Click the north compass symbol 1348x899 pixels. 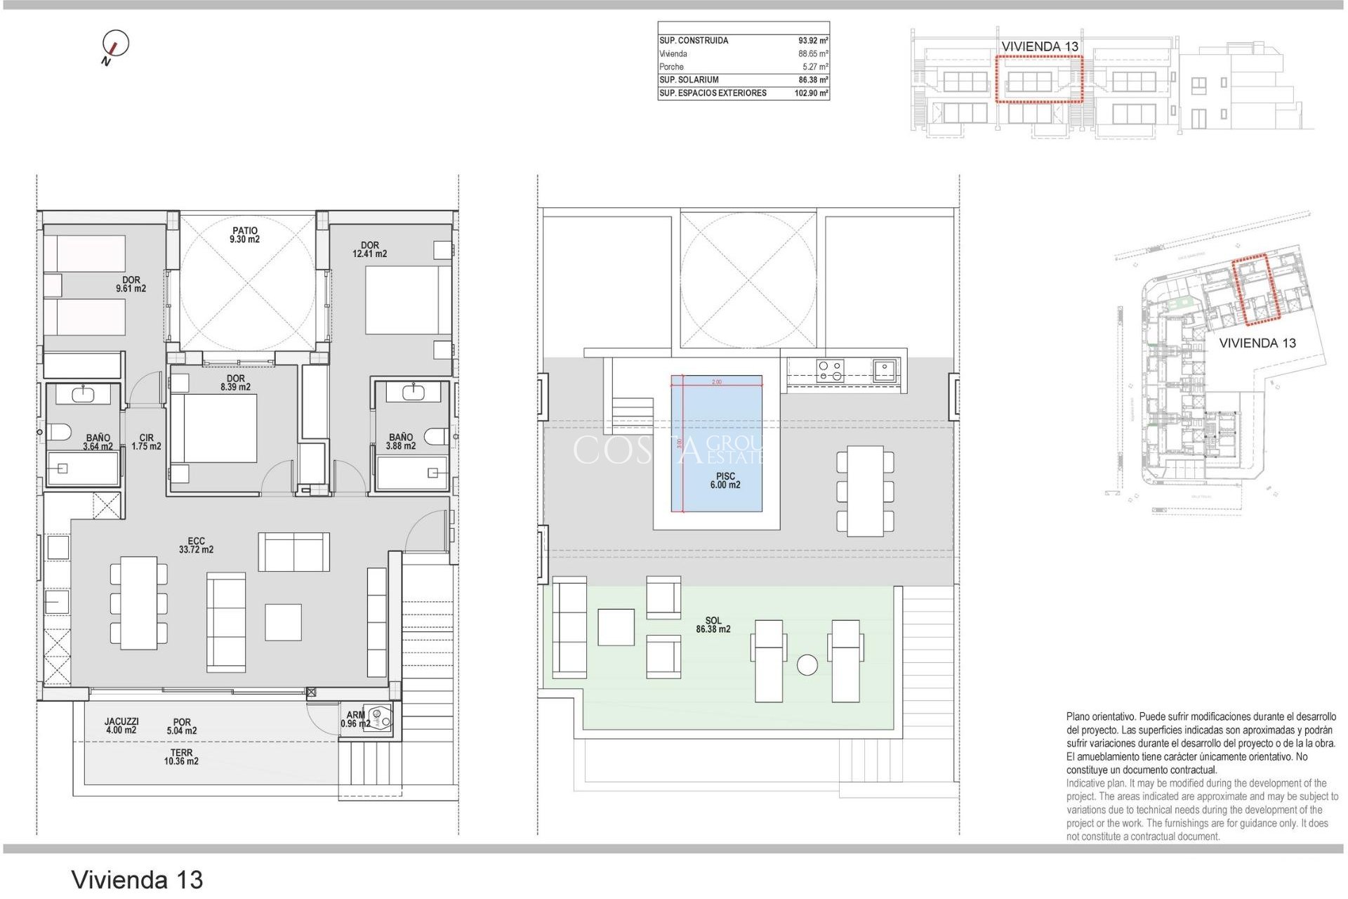116,44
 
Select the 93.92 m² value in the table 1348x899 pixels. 813,41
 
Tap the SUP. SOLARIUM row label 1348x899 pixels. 689,80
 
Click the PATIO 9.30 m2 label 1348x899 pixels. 244,235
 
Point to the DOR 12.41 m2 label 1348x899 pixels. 369,249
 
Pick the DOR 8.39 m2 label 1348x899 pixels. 235,383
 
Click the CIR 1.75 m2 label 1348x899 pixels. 146,442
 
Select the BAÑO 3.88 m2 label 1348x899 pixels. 400,441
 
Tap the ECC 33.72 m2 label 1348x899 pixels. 196,545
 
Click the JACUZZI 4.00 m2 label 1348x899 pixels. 121,726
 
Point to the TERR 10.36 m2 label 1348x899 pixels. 181,756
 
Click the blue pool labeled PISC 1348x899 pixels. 716,442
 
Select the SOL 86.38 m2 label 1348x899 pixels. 713,625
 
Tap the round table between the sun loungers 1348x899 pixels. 807,664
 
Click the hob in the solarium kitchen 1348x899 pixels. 831,370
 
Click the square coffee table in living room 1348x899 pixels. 283,622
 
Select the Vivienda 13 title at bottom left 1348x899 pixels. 137,879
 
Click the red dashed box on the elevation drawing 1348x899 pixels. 1039,80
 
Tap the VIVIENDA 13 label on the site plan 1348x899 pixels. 1257,343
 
